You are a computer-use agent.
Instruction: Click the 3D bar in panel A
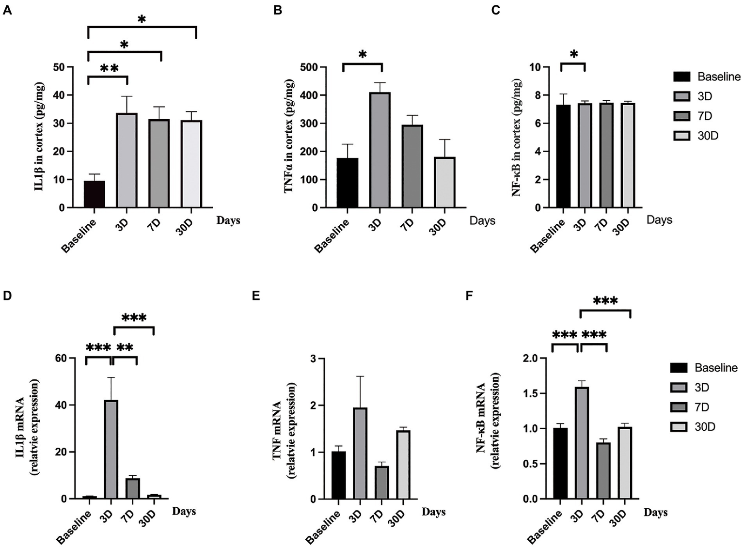click(127, 160)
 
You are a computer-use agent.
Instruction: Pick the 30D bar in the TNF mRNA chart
click(403, 465)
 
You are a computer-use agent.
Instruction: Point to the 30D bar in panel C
click(628, 156)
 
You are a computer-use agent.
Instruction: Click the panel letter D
click(7, 296)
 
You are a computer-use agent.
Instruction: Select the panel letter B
click(277, 10)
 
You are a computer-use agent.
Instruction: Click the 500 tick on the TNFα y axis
click(309, 67)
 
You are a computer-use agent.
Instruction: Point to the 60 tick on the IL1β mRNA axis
click(61, 358)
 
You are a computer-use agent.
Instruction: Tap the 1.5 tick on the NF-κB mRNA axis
click(531, 393)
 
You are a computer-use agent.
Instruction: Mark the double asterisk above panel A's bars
click(109, 68)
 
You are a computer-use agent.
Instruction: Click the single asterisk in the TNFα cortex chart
click(362, 55)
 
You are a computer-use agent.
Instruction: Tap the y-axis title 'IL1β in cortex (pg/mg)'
click(39, 137)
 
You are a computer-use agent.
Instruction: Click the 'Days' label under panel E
click(433, 512)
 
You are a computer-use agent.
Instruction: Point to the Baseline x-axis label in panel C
click(548, 236)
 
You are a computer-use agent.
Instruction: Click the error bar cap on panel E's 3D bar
click(360, 376)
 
